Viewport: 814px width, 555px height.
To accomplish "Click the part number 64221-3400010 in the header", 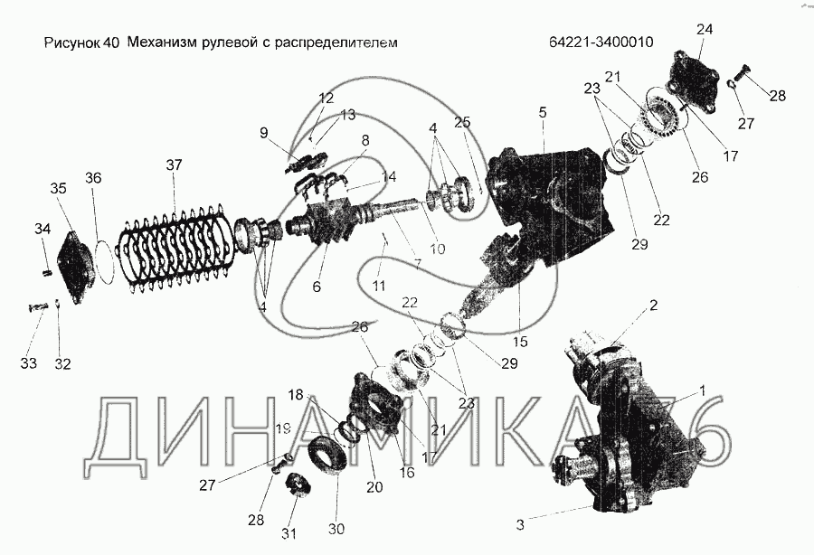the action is click(x=601, y=42).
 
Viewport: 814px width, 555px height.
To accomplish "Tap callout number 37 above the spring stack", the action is click(x=174, y=165).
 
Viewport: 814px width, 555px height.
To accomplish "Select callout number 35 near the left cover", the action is click(x=58, y=189).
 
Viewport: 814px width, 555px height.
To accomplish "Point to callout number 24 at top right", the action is click(x=704, y=30).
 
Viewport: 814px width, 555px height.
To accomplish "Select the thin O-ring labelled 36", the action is click(x=106, y=260).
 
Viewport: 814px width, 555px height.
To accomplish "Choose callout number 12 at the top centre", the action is click(x=327, y=97).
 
